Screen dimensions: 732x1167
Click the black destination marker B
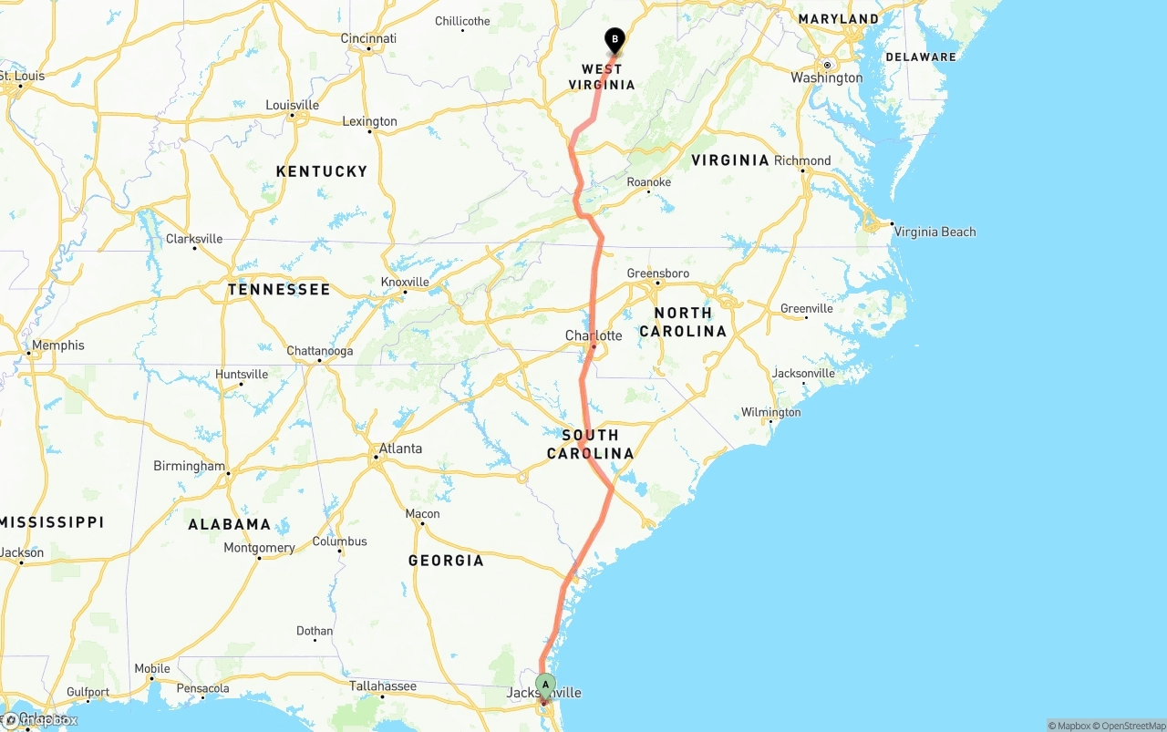614,40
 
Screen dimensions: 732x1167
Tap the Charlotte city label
594,335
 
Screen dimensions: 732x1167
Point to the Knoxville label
405,282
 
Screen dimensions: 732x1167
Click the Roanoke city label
648,182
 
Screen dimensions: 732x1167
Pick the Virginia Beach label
935,232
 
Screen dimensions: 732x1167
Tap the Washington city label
826,77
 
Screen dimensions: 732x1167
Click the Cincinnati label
368,38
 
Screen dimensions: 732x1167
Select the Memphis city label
57,345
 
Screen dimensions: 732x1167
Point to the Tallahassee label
383,686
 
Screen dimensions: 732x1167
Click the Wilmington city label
770,412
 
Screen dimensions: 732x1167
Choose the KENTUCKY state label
322,171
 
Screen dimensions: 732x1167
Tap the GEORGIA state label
446,561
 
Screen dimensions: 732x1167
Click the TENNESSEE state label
279,290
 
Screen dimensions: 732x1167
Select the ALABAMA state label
230,524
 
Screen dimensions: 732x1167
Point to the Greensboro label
658,273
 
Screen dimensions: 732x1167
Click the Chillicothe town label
462,21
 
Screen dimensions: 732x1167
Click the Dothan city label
315,631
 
